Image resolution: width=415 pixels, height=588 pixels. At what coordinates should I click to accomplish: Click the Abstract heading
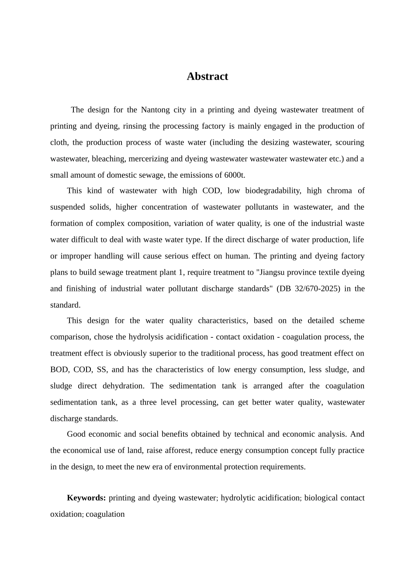[207, 77]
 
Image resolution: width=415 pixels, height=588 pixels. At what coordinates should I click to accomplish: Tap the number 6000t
[235, 175]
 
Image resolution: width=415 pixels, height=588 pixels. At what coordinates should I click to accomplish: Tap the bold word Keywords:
[86, 498]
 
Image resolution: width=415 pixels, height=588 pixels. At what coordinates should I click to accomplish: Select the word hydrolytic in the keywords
[238, 498]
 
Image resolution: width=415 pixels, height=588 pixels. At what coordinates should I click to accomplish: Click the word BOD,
[59, 370]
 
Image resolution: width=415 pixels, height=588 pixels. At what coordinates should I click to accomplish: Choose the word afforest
[210, 451]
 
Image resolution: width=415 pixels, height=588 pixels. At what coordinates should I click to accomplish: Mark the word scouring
[349, 143]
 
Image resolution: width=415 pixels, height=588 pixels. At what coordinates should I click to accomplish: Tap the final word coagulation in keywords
[105, 514]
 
